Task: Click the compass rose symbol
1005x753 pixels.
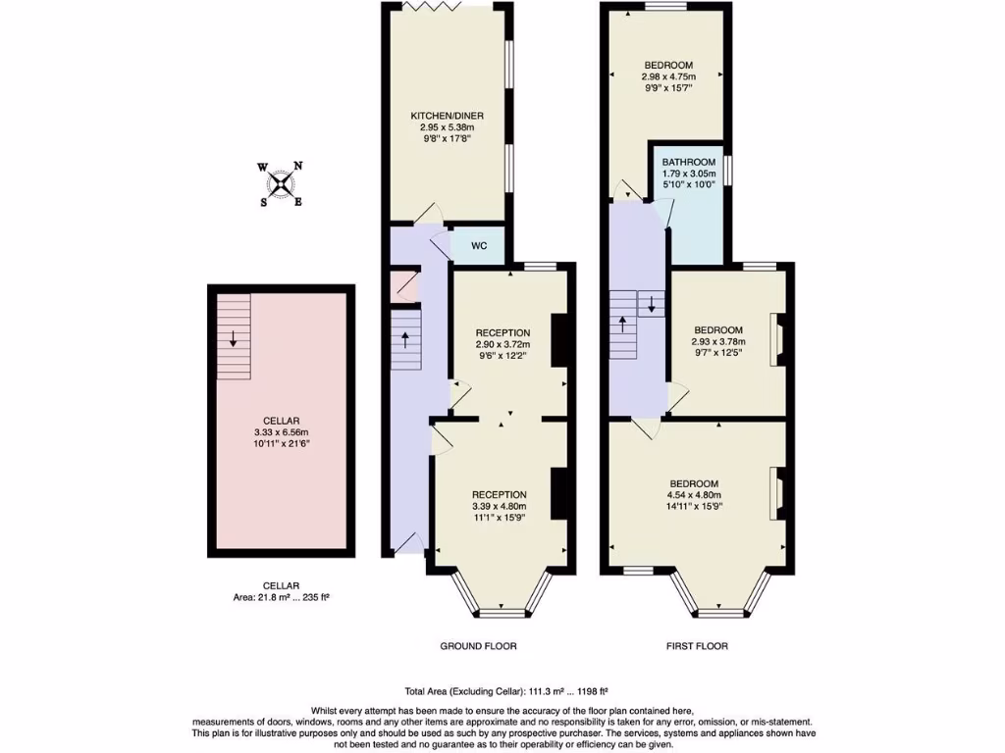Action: tap(282, 183)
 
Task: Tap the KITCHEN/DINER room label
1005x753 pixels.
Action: tap(447, 116)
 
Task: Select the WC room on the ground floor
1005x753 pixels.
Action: tap(479, 245)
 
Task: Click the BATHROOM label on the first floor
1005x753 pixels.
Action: tap(688, 162)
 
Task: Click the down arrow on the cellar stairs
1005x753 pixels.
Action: tap(234, 339)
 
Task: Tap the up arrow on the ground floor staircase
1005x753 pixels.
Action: tap(406, 339)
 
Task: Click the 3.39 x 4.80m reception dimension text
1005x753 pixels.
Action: tap(499, 506)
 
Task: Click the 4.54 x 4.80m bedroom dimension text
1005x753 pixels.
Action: tap(694, 495)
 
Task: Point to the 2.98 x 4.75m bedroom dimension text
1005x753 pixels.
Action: tap(667, 76)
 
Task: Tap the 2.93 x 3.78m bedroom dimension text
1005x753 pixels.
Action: tap(718, 341)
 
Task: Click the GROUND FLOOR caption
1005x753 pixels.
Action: tap(479, 646)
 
